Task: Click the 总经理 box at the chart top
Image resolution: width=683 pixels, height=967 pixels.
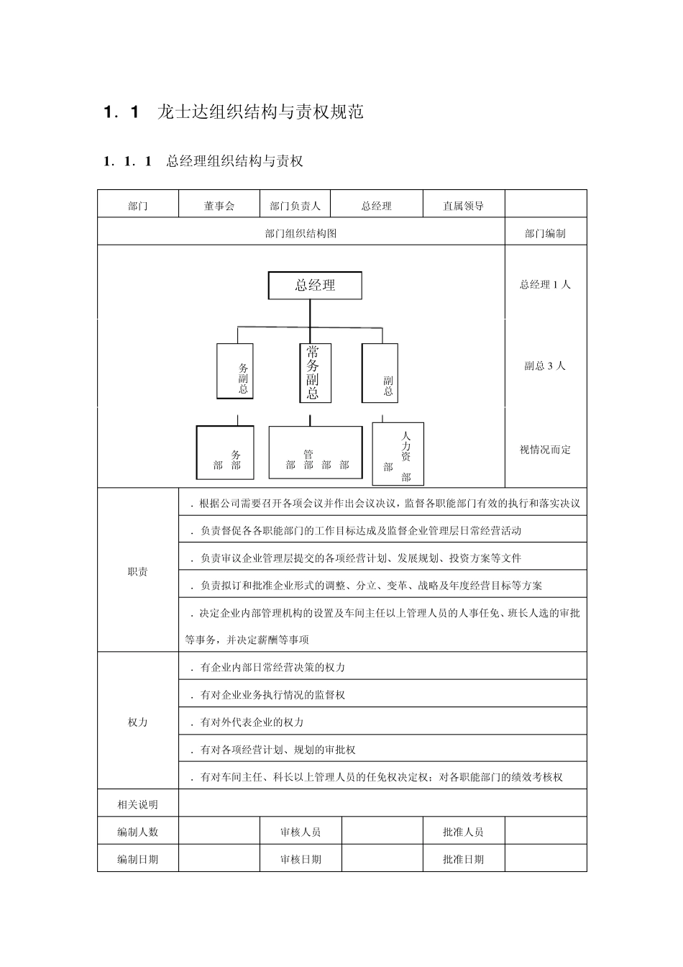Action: (x=315, y=286)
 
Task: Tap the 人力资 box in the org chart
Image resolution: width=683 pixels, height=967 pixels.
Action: (x=398, y=454)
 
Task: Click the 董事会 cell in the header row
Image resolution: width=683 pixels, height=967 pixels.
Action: (x=219, y=206)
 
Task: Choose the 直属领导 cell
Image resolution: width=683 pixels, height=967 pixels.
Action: (x=464, y=206)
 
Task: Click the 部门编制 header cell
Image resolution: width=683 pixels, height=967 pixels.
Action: (x=545, y=233)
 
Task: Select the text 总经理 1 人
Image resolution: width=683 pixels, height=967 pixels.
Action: (x=545, y=284)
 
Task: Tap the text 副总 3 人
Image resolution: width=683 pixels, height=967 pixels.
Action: (x=545, y=366)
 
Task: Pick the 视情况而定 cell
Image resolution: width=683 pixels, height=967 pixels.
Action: (x=545, y=450)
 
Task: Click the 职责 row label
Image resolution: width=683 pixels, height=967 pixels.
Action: (x=138, y=572)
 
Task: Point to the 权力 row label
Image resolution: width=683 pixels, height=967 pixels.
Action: (x=138, y=722)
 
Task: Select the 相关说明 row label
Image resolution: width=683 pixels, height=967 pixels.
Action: (x=138, y=804)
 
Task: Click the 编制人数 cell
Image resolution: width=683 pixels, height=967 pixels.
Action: (x=138, y=832)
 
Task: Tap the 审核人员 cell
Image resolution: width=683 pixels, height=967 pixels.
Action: (x=301, y=832)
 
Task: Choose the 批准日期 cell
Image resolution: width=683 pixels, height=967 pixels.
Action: (x=464, y=859)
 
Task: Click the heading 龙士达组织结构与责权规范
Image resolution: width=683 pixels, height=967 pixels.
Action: (x=260, y=112)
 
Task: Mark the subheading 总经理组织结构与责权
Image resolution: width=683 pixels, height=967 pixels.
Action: (x=234, y=161)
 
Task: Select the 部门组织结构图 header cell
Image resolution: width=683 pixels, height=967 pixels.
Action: (x=301, y=233)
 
